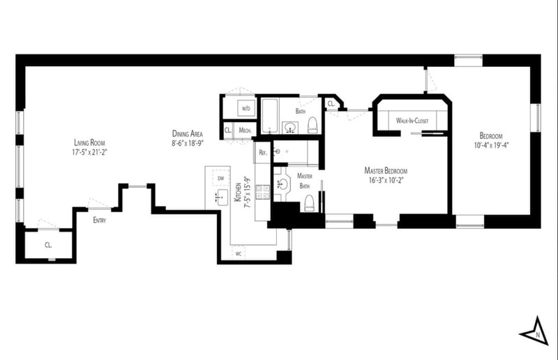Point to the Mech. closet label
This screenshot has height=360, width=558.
[x=245, y=130]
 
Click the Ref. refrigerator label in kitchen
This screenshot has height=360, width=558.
[x=263, y=152]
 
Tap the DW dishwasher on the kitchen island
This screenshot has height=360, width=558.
[x=221, y=179]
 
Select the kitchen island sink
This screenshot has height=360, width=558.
[x=221, y=197]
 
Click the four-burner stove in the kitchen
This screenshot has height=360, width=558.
[x=263, y=193]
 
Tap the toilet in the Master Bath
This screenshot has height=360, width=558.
[x=309, y=203]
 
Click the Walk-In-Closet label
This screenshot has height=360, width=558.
[x=412, y=121]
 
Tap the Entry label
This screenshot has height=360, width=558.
[x=101, y=220]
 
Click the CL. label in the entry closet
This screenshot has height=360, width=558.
[x=48, y=245]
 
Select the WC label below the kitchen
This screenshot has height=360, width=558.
[x=239, y=253]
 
